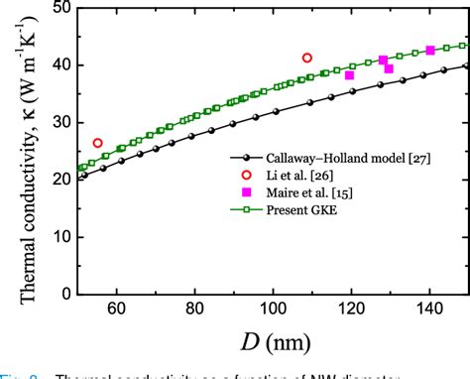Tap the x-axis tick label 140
(x=428, y=311)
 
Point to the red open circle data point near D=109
(x=307, y=58)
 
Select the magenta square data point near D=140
(x=430, y=51)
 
